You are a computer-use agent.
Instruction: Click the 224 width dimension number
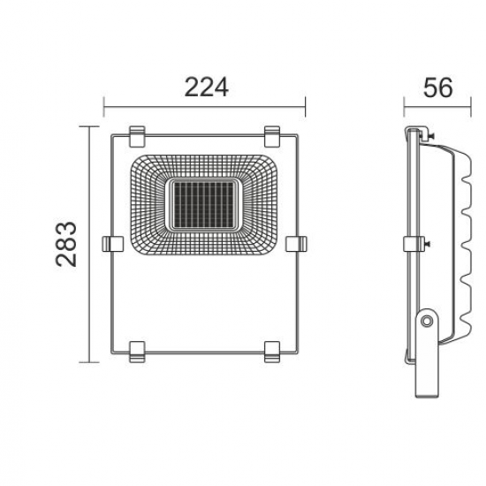click(206, 87)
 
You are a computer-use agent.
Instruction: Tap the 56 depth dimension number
click(437, 87)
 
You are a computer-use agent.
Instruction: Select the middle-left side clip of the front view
click(113, 243)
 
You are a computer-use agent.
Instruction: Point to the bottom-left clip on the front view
click(137, 350)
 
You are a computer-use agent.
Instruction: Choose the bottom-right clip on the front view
click(273, 350)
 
